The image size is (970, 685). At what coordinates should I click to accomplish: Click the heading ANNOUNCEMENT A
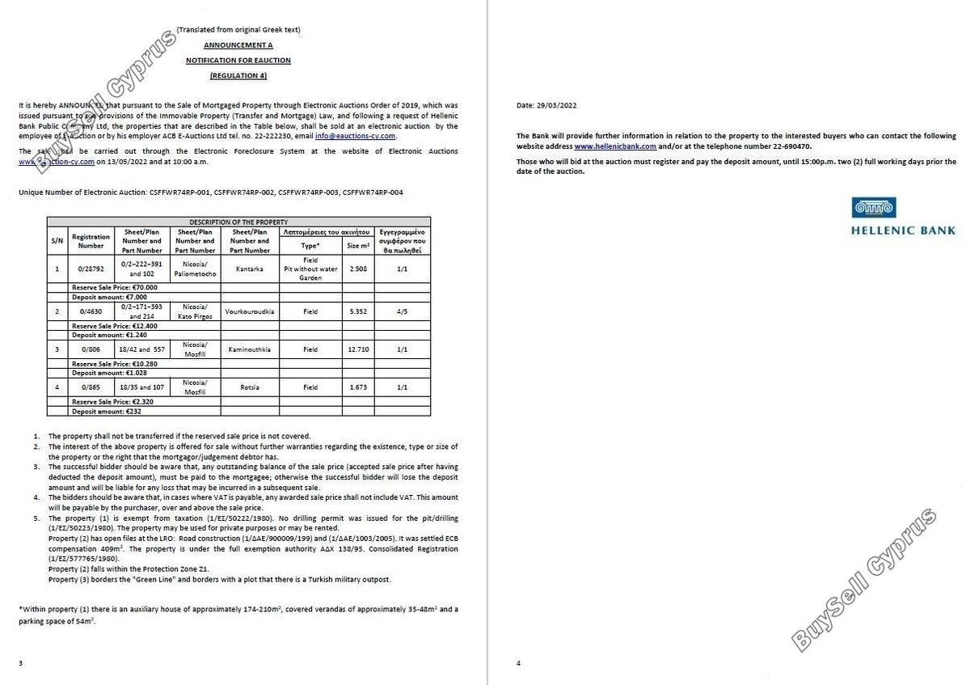click(238, 45)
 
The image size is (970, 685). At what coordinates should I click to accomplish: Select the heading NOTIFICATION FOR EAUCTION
click(238, 61)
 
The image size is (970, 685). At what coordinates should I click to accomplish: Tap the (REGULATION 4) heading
click(238, 76)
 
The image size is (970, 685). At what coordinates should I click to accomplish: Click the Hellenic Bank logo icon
click(874, 207)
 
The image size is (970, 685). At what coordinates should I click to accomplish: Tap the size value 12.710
click(357, 349)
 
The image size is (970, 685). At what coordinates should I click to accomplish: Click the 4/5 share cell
click(402, 311)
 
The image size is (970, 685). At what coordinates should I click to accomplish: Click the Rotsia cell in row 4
click(249, 387)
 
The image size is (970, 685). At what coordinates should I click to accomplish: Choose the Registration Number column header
click(91, 241)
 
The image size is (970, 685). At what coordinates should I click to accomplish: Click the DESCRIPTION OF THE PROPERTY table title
click(238, 222)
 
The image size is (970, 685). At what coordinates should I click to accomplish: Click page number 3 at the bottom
click(20, 663)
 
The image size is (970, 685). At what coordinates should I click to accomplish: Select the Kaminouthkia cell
click(249, 349)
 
